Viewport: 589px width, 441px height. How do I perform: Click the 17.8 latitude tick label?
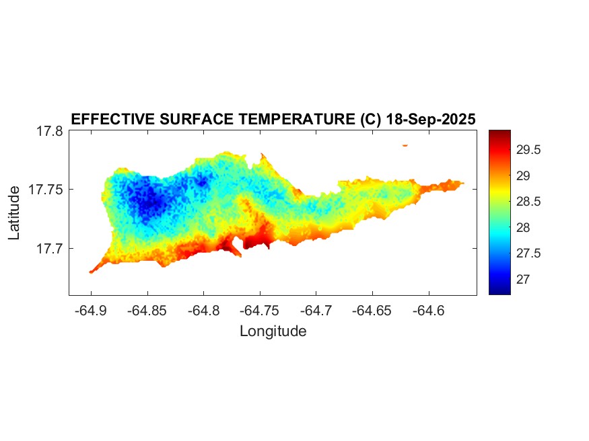click(x=50, y=131)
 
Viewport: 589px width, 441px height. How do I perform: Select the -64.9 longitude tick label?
click(x=91, y=311)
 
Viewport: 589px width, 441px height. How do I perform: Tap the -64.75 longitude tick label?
click(x=260, y=311)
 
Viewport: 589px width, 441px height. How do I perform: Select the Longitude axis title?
click(x=273, y=331)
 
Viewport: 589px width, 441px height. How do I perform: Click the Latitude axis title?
click(x=15, y=213)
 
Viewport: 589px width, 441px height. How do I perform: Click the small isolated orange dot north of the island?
click(x=405, y=145)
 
